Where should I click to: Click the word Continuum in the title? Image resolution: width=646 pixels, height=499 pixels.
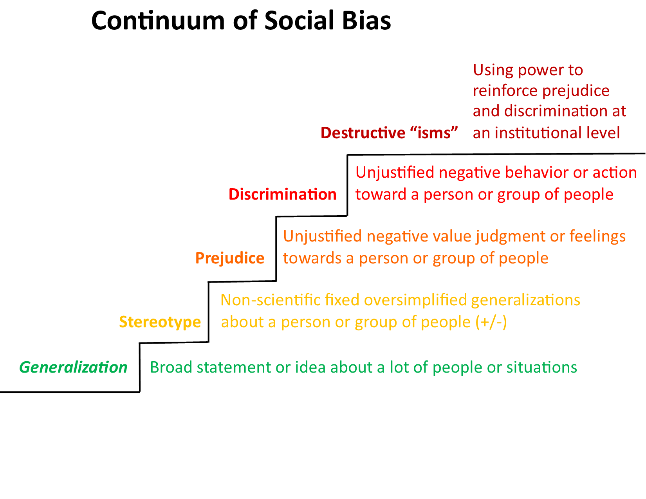158,21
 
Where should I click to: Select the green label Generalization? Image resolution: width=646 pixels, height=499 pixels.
73,367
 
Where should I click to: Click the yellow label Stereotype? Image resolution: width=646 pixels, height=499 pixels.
160,322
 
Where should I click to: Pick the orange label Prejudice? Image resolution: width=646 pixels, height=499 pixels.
229,258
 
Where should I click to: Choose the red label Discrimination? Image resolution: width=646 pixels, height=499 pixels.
282,195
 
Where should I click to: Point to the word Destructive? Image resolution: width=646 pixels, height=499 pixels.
363,133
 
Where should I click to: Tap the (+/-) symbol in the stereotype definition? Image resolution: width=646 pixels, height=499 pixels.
491,322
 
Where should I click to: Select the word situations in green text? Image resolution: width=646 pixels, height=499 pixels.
541,367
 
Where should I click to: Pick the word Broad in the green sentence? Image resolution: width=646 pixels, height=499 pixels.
171,367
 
